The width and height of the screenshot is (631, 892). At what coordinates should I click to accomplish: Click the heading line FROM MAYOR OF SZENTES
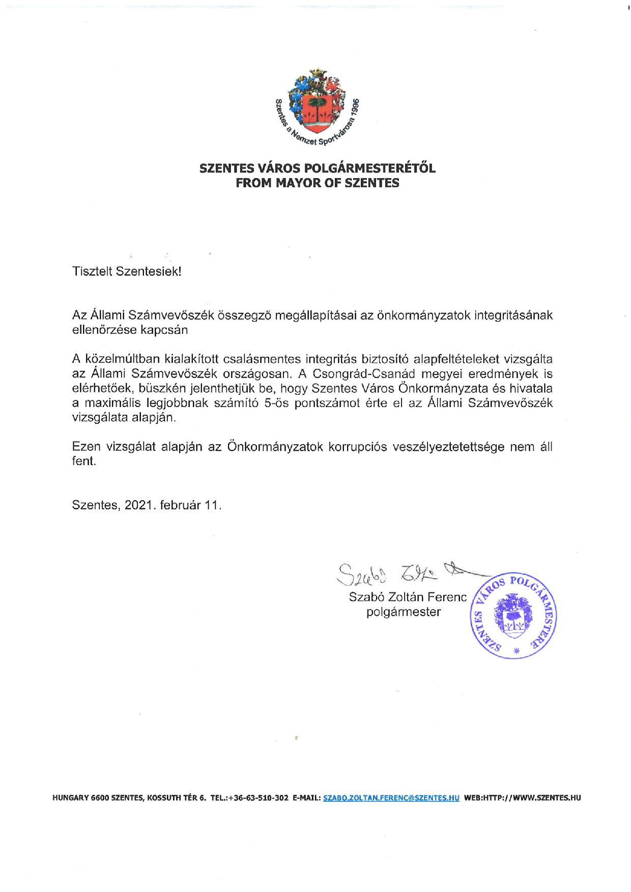coord(317,183)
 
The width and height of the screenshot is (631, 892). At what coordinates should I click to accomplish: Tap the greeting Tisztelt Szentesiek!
coord(127,271)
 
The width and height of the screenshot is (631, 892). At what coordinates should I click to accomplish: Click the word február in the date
coord(180,506)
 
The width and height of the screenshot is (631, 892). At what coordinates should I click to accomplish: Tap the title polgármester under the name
coord(404,612)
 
